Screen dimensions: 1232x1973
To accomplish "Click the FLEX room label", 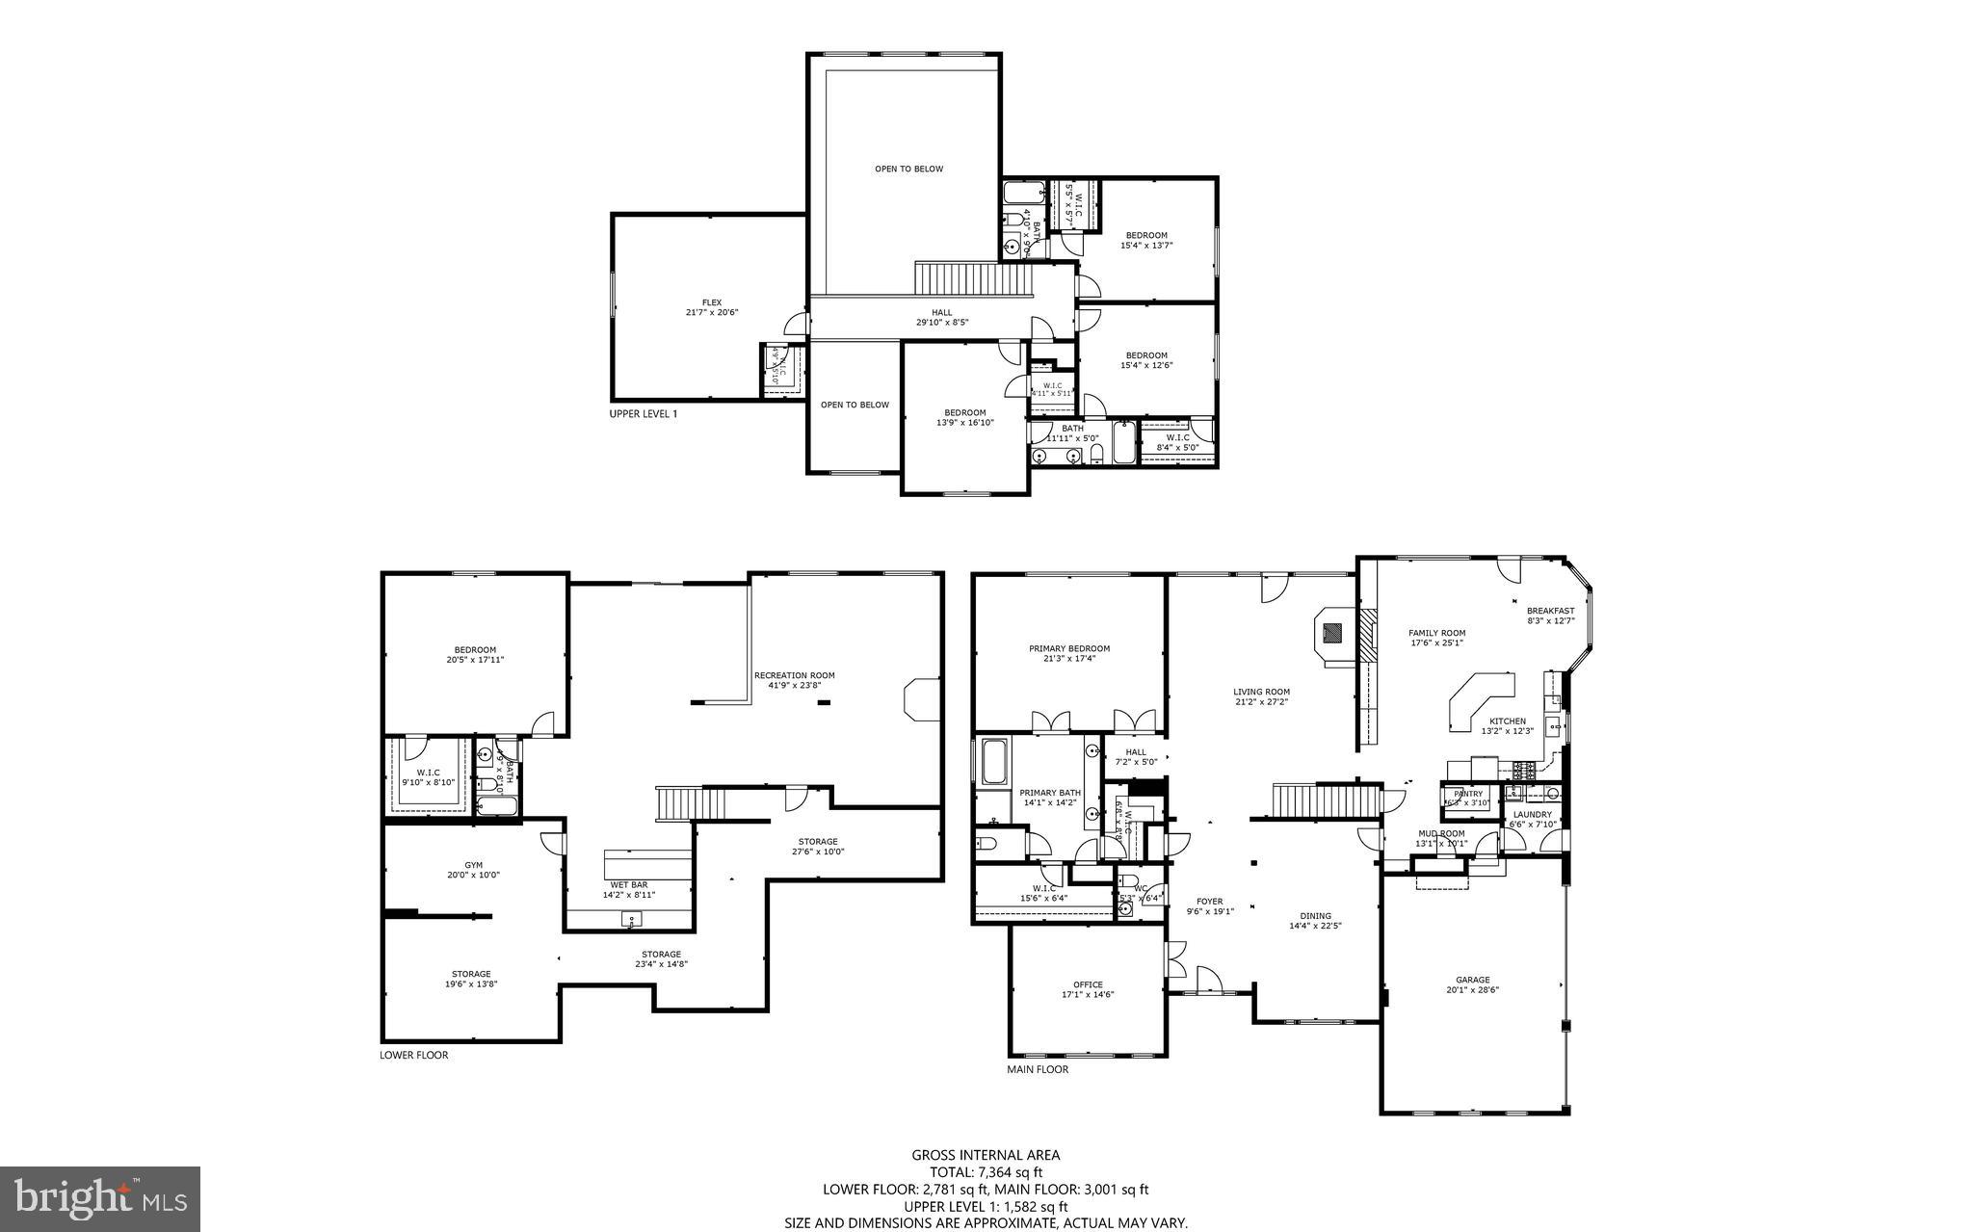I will click(x=711, y=302).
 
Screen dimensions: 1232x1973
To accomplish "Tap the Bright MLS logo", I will click(x=100, y=1198).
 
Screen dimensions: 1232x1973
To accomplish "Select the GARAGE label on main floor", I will click(x=1472, y=980).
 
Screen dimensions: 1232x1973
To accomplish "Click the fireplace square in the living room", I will click(x=1332, y=633).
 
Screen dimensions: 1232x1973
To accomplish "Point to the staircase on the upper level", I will click(x=973, y=280).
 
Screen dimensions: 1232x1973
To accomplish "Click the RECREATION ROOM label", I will click(x=794, y=675).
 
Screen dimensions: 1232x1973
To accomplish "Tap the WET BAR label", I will click(x=628, y=884).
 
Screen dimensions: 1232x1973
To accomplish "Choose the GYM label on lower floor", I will click(x=472, y=865).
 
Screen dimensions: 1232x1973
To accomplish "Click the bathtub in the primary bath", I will click(x=994, y=762).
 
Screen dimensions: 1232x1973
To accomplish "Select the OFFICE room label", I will click(x=1088, y=984).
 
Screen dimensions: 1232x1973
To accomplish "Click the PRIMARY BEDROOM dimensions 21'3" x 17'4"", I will click(x=1069, y=659).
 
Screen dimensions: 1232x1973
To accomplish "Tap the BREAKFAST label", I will click(x=1550, y=611).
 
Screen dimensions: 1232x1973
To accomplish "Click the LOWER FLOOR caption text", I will click(x=413, y=1055).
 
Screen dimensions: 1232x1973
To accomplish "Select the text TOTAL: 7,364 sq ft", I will click(x=986, y=1172).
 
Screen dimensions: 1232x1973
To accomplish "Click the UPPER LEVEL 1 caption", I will click(x=643, y=414).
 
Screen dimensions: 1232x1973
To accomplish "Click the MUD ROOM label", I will click(x=1440, y=833).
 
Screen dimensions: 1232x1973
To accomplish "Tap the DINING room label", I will click(x=1315, y=916).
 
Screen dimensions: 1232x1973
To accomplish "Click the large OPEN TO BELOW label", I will click(x=908, y=169).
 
